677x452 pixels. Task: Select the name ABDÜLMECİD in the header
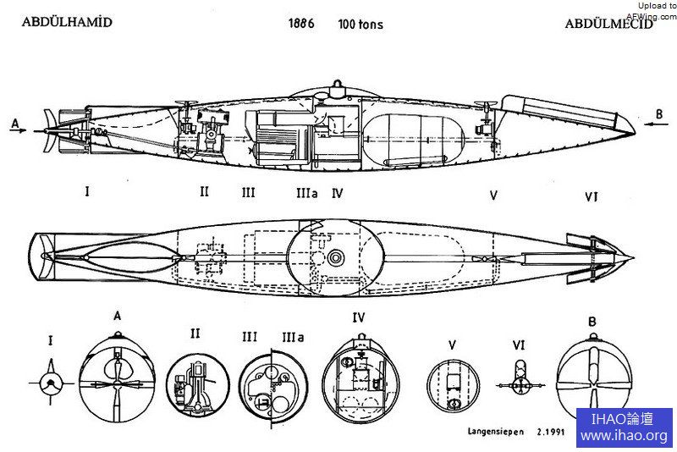click(609, 23)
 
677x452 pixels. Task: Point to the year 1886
click(300, 23)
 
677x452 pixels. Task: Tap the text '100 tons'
click(360, 24)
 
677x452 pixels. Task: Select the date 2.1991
click(551, 431)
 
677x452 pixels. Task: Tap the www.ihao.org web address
click(624, 436)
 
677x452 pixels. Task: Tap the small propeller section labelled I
click(52, 383)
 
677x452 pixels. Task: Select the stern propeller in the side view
click(51, 131)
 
